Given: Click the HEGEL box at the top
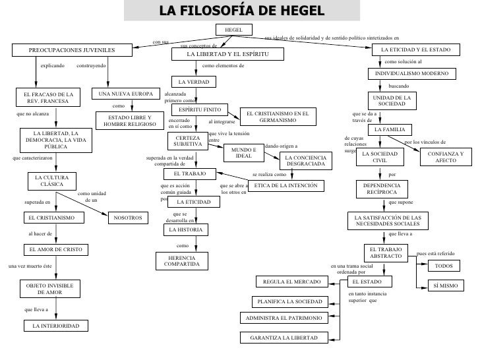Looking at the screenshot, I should point(233,30).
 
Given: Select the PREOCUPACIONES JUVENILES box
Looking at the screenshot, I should point(71,51).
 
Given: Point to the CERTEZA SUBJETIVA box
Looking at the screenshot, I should point(187,141).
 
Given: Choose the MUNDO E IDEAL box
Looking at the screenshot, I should point(243,152).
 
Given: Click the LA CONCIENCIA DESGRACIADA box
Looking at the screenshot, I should point(305,160).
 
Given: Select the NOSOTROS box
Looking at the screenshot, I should point(127,218).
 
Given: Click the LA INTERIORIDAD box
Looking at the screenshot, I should point(55,326).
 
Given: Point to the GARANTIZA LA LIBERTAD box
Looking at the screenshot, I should point(284,338).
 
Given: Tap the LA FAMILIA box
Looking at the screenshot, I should point(394,130).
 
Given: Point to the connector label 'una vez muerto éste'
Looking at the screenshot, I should point(30,266).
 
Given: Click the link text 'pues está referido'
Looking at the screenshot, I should point(436,253).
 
